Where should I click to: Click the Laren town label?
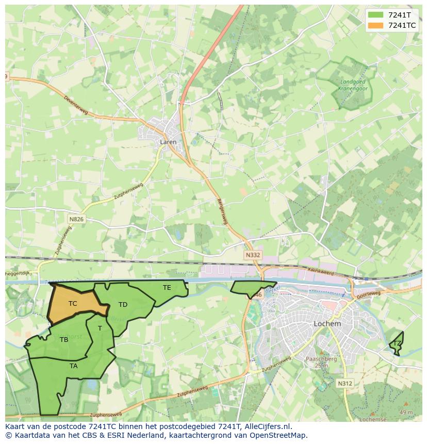click(168, 142)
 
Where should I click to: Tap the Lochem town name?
click(327, 324)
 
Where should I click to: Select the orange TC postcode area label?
click(73, 304)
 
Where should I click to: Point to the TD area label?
click(123, 305)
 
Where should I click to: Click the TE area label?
click(167, 287)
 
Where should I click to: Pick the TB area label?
click(64, 340)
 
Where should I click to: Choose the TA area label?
click(74, 366)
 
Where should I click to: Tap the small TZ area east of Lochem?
click(397, 343)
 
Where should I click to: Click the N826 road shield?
click(76, 219)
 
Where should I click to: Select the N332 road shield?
click(253, 255)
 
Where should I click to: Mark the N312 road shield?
click(345, 383)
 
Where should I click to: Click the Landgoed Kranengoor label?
click(352, 85)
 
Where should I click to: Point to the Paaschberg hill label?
click(321, 359)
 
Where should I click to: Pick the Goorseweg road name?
click(369, 293)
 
